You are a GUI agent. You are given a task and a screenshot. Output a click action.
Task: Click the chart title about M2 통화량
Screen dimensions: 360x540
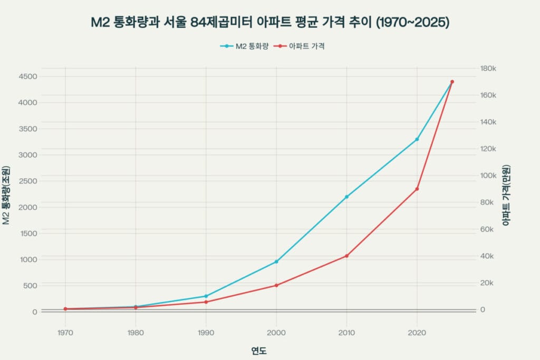(270, 23)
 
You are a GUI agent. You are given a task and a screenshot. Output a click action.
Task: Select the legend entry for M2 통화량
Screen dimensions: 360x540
(245, 46)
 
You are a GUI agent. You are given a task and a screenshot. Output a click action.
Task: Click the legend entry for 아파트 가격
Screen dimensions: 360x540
(302, 46)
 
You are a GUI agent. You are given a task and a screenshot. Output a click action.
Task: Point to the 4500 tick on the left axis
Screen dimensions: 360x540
(28, 76)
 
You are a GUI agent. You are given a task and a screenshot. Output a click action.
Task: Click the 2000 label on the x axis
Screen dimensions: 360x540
(276, 333)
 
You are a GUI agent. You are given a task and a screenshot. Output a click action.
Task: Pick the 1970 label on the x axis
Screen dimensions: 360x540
(65, 333)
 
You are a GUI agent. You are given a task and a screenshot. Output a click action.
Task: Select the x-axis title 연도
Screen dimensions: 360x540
(258, 351)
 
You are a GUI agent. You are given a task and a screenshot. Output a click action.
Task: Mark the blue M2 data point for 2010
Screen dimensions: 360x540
(346, 197)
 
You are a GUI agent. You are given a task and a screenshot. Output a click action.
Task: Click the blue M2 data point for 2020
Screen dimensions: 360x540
(417, 139)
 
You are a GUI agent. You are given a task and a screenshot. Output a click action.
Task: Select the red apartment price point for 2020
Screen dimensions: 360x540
(417, 189)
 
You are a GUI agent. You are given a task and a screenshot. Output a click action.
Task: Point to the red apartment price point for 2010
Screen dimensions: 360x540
(346, 256)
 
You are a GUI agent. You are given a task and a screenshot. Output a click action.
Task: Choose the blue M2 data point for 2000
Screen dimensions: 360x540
(276, 261)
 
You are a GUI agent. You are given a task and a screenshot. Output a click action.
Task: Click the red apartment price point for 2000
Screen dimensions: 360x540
(276, 285)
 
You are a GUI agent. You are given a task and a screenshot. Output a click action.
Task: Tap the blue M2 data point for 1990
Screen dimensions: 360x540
(206, 296)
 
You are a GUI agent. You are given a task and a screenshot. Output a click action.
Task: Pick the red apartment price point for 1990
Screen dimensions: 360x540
(206, 302)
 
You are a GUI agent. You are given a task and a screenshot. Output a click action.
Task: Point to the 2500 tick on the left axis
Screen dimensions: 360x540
(28, 181)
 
